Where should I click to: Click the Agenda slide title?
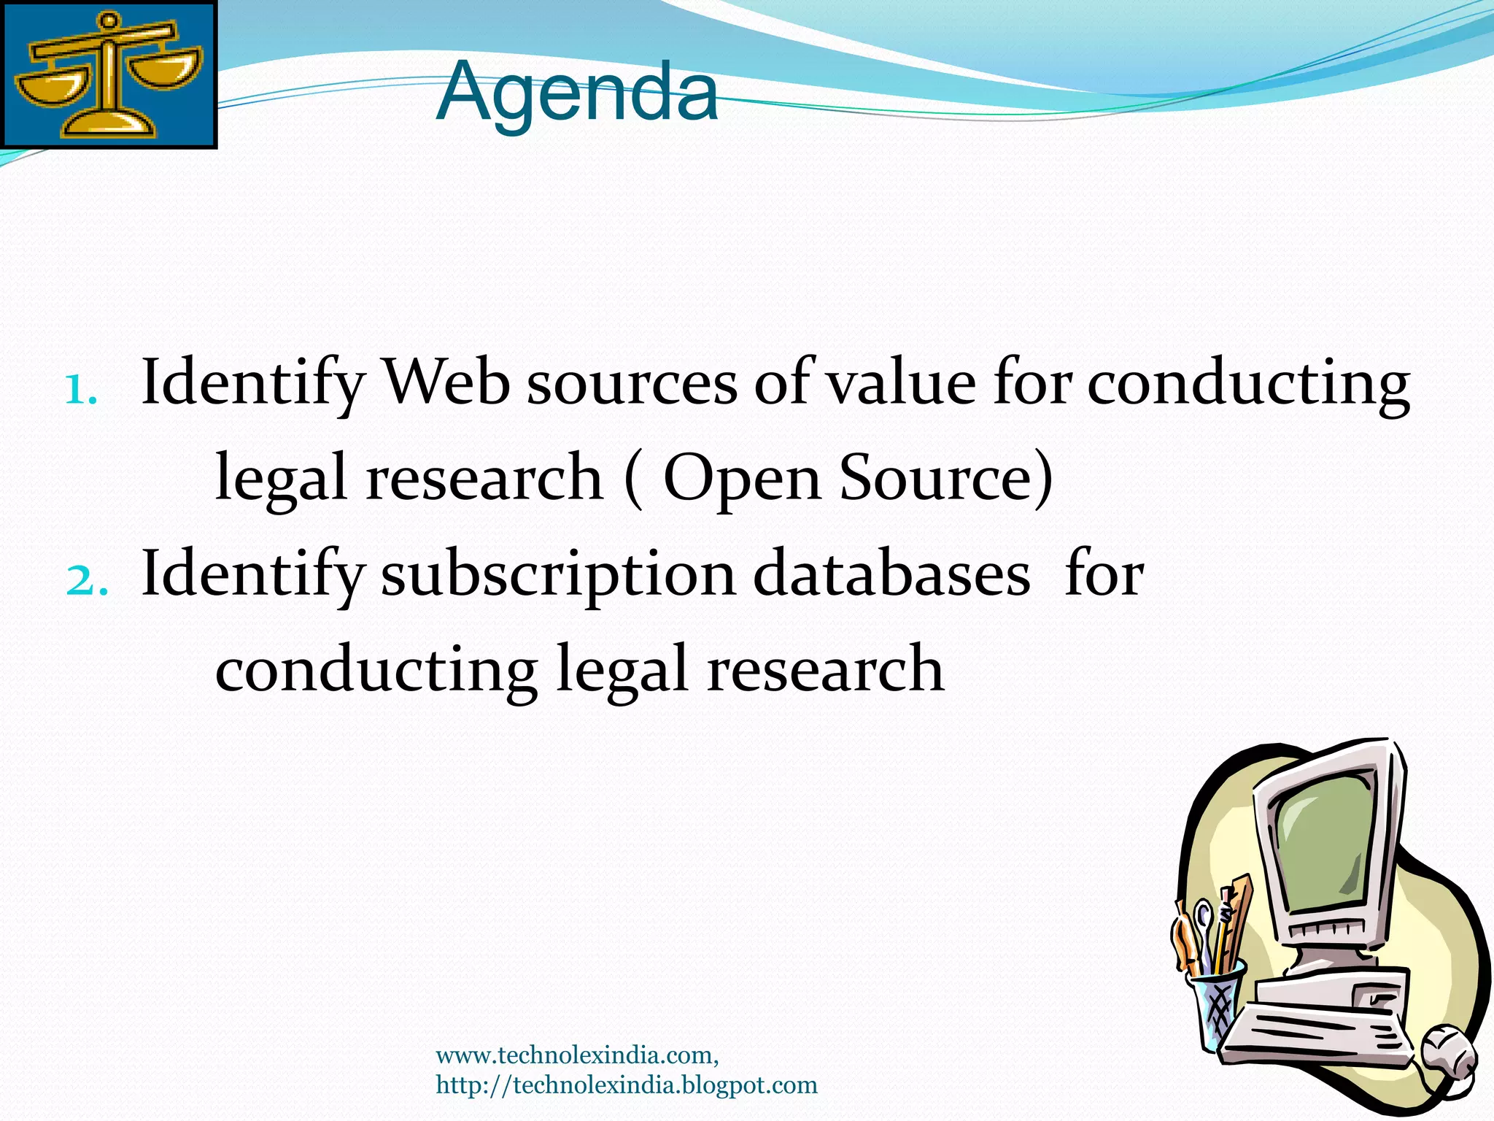(577, 93)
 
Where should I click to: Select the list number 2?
(86, 581)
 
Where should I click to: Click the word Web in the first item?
(446, 382)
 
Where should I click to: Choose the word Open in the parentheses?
(742, 478)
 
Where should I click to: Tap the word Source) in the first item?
(946, 478)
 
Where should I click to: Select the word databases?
(891, 574)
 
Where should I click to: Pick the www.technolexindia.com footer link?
(577, 1055)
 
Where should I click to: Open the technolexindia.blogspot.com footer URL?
(627, 1085)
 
